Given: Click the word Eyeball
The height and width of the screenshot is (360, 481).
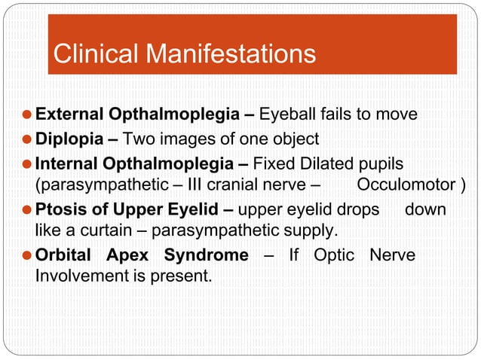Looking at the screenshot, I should (x=287, y=115).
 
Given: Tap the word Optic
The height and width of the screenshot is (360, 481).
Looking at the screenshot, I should (x=334, y=255).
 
